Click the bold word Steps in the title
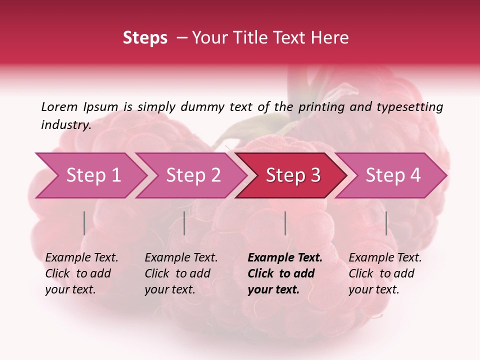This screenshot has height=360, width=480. click(145, 38)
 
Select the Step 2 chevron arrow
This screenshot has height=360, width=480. click(192, 175)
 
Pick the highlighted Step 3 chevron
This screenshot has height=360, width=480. click(292, 175)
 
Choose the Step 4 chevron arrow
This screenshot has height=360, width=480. click(392, 175)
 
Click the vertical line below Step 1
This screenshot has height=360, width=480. click(84, 223)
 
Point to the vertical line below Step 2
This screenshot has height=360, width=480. click(184, 223)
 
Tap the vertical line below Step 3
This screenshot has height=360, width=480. click(285, 223)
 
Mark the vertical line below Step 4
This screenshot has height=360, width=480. click(386, 223)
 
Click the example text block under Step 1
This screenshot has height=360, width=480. click(81, 273)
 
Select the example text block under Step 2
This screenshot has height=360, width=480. click(181, 273)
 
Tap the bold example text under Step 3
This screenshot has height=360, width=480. click(285, 273)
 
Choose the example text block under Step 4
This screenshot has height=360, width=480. click(385, 273)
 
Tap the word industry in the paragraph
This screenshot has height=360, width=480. click(66, 124)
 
